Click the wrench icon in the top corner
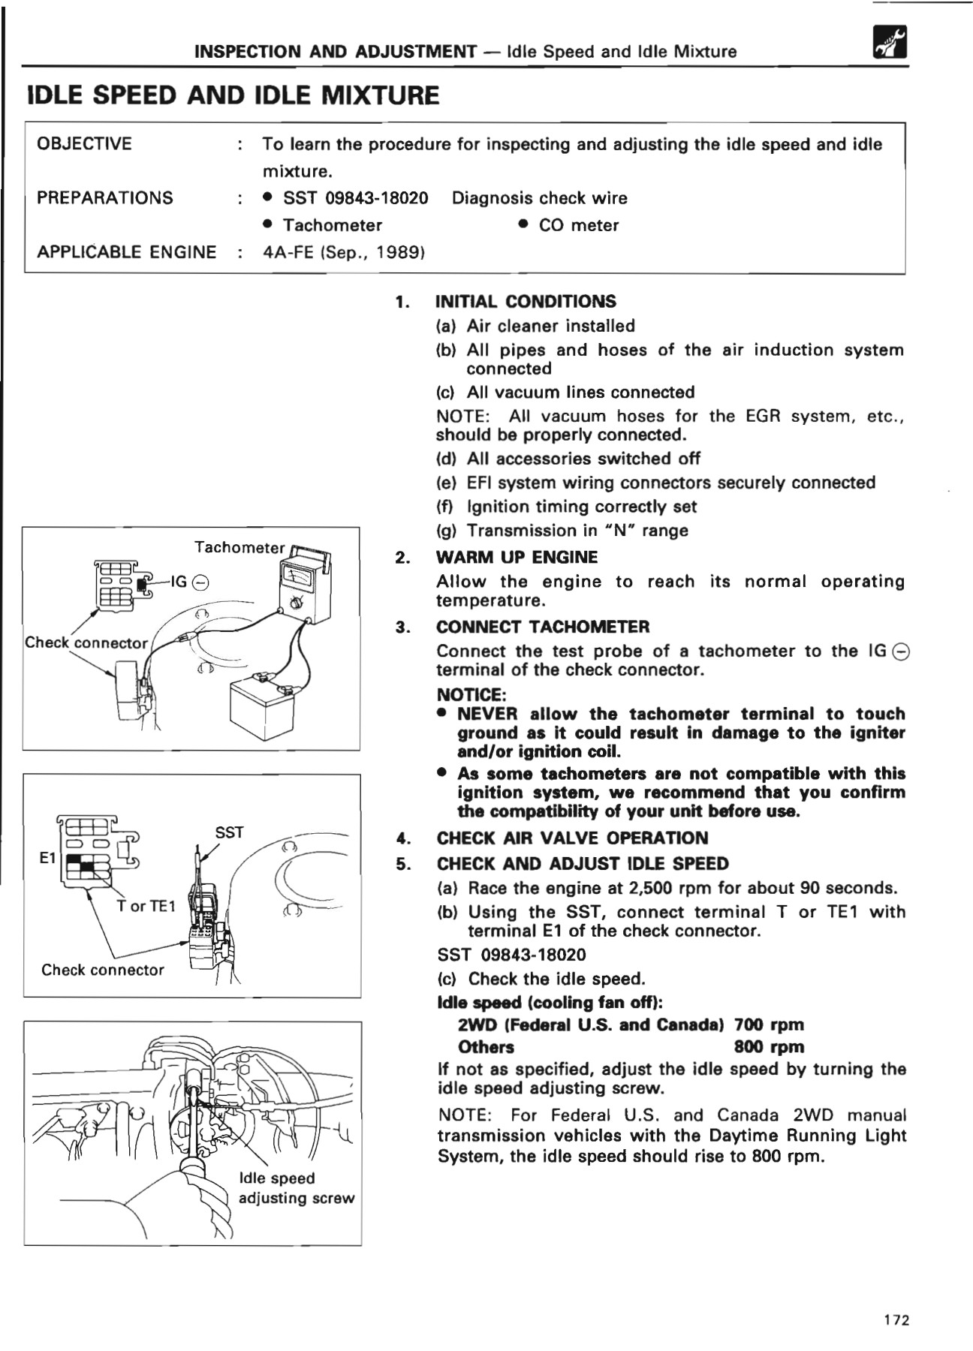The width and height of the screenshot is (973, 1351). pyautogui.click(x=890, y=42)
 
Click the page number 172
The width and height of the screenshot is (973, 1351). pyautogui.click(x=896, y=1320)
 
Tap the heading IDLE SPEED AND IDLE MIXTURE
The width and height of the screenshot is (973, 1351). pyautogui.click(x=233, y=96)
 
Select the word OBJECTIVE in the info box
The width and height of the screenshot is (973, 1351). pyautogui.click(x=84, y=143)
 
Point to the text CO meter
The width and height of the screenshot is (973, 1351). pyautogui.click(x=578, y=225)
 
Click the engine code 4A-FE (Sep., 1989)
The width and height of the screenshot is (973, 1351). pyautogui.click(x=344, y=252)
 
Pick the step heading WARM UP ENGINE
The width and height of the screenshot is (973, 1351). pyautogui.click(x=517, y=558)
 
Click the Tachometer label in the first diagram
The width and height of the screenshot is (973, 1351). pyautogui.click(x=239, y=548)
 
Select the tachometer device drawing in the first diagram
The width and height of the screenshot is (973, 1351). pyautogui.click(x=304, y=585)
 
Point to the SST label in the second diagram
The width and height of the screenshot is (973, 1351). pyautogui.click(x=229, y=832)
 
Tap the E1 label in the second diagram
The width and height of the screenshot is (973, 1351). pyautogui.click(x=48, y=857)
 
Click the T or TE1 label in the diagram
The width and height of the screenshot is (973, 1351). pyautogui.click(x=146, y=907)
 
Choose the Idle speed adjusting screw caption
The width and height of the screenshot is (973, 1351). pyautogui.click(x=296, y=1188)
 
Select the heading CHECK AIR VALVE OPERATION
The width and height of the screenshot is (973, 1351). pyautogui.click(x=572, y=838)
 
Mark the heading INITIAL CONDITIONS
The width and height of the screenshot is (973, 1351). pyautogui.click(x=526, y=302)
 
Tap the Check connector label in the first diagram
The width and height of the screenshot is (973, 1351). pyautogui.click(x=86, y=643)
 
